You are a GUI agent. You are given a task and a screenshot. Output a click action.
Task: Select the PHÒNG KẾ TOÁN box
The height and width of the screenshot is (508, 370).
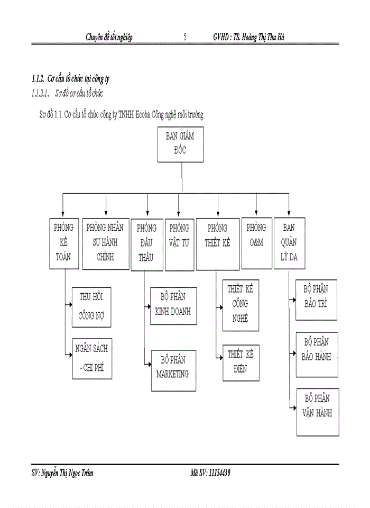click(63, 243)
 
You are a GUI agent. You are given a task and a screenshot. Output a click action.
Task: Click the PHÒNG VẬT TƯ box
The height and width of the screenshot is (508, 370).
click(179, 243)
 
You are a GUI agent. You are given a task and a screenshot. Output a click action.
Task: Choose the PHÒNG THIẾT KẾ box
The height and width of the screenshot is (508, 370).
click(217, 243)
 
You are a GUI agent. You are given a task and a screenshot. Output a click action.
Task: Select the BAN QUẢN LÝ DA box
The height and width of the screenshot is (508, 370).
click(289, 243)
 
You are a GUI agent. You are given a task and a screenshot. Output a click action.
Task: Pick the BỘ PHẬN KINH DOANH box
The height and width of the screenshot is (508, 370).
click(173, 305)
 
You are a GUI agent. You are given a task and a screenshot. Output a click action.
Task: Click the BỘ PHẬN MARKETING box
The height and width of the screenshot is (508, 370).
click(173, 370)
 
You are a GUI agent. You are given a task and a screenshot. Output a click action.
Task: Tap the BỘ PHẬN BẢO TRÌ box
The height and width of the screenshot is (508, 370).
click(316, 300)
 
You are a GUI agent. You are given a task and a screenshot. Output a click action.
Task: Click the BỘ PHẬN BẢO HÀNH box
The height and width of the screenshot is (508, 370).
click(316, 354)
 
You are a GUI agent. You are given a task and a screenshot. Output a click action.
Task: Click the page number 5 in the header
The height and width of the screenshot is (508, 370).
click(184, 37)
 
